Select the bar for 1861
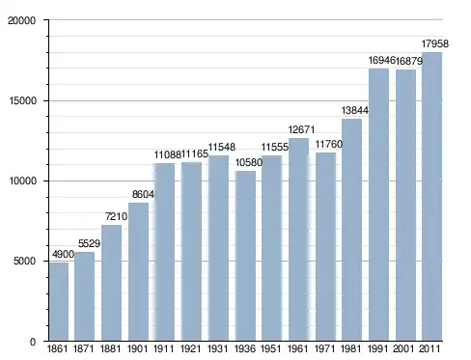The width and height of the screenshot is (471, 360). pyautogui.click(x=59, y=302)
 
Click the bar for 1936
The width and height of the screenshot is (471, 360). pyautogui.click(x=245, y=256)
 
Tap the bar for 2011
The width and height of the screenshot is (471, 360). pyautogui.click(x=431, y=197)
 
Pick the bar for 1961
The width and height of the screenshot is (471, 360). pyautogui.click(x=298, y=239)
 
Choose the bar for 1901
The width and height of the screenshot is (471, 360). pyautogui.click(x=138, y=272)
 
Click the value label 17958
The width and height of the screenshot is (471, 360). pyautogui.click(x=435, y=43)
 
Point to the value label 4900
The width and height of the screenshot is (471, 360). pyautogui.click(x=63, y=255)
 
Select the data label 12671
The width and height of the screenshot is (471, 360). pyautogui.click(x=301, y=129)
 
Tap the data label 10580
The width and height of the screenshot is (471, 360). pyautogui.click(x=249, y=162)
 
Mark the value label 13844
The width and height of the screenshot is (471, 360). pyautogui.click(x=355, y=110)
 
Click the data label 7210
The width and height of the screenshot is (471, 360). pyautogui.click(x=116, y=216)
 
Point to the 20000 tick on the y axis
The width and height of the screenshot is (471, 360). pyautogui.click(x=22, y=20)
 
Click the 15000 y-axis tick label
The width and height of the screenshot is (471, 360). pyautogui.click(x=22, y=100)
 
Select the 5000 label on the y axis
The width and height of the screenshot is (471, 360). pyautogui.click(x=24, y=261)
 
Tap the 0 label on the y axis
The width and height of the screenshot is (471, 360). pyautogui.click(x=33, y=342)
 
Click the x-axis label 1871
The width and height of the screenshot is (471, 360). pyautogui.click(x=84, y=348)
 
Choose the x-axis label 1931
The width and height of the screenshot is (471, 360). pyautogui.click(x=218, y=348)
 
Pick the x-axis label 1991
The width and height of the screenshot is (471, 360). pyautogui.click(x=378, y=348)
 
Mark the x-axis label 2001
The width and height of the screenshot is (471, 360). pyautogui.click(x=404, y=348)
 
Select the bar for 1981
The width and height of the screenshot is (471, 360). pyautogui.click(x=351, y=230)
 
